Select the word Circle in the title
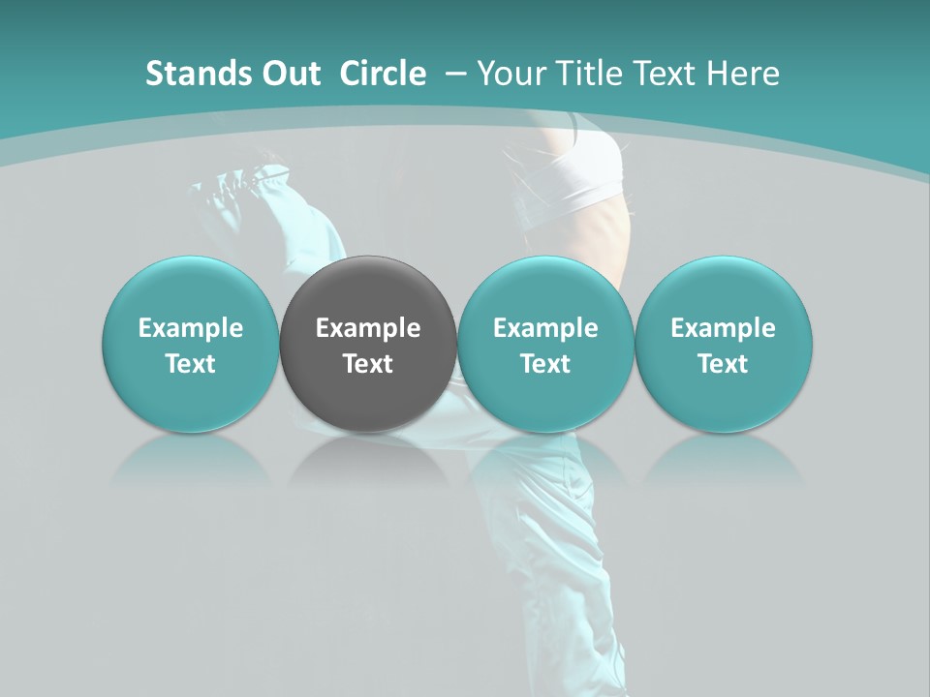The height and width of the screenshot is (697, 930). [x=383, y=74]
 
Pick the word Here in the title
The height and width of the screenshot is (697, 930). [x=745, y=74]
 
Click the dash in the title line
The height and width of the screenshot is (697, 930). [x=453, y=74]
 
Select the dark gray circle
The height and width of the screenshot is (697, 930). [x=368, y=344]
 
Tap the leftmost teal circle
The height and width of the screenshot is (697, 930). [x=191, y=344]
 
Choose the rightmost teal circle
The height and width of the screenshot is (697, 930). [x=724, y=344]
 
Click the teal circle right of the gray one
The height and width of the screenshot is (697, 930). [x=545, y=344]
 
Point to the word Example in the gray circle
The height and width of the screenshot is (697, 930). [x=368, y=328]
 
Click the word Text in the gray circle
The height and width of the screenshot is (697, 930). [x=368, y=364]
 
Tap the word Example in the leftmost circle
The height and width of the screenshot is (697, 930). [x=191, y=328]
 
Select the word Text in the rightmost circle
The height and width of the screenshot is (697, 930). [x=724, y=364]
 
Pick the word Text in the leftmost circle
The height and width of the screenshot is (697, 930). [x=191, y=364]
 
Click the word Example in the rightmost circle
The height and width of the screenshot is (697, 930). [x=724, y=328]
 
